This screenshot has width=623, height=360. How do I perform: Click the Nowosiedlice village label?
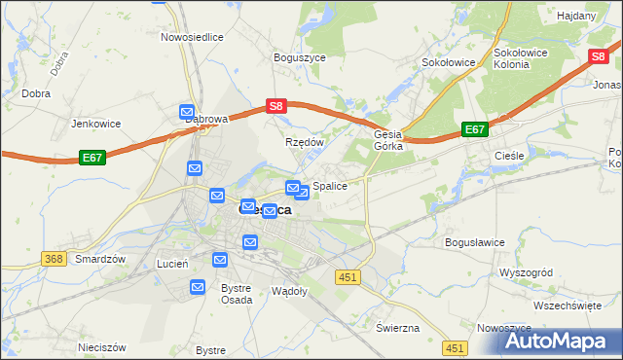point(193,36)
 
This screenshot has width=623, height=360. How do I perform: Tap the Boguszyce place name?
point(299,57)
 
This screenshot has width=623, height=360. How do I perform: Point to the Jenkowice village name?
point(95,124)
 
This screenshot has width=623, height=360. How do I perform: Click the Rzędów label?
point(304,142)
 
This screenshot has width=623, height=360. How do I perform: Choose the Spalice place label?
point(330,185)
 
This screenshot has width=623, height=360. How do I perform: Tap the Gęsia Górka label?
point(388,141)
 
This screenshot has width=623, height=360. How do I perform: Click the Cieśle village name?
point(509,155)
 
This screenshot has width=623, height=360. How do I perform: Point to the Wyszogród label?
point(526,273)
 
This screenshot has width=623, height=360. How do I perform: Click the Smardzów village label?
point(101,260)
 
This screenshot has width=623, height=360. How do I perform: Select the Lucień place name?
point(172,264)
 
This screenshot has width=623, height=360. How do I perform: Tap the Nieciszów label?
point(101,346)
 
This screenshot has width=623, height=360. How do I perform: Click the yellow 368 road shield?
point(54,258)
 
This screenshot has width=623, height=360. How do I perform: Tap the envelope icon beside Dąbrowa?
point(187,113)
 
